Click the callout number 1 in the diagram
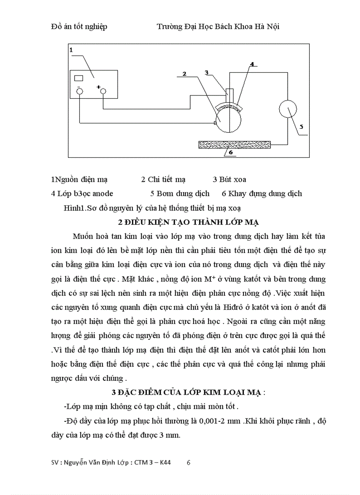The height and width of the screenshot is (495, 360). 71,50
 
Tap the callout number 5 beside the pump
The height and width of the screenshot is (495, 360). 301,126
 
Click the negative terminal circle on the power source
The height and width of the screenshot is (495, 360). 79,91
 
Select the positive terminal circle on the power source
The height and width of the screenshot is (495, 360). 103,91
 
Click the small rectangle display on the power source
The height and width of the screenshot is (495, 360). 79,78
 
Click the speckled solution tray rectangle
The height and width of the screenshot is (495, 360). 235,144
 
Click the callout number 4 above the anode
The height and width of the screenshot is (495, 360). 252,64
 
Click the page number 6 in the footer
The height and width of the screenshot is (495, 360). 189,462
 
